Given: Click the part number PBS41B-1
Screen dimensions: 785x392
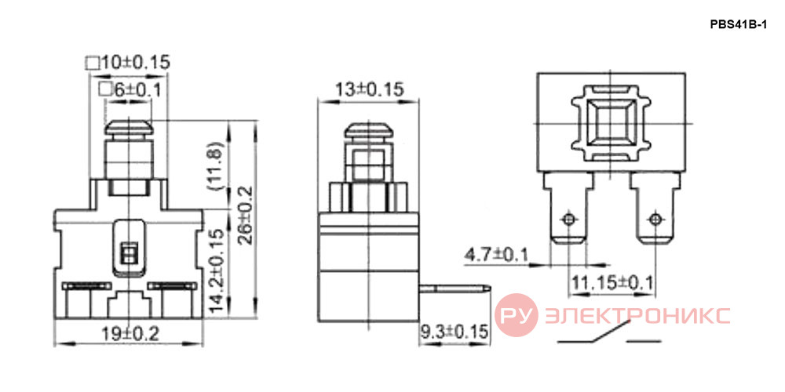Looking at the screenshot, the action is click(738, 25).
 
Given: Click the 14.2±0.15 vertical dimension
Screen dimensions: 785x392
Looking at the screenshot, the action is click(216, 270).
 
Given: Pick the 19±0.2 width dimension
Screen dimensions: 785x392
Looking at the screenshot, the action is click(130, 333).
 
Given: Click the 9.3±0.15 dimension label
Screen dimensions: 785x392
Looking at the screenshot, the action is click(454, 332).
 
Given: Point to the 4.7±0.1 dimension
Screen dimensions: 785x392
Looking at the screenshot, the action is click(497, 255).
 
